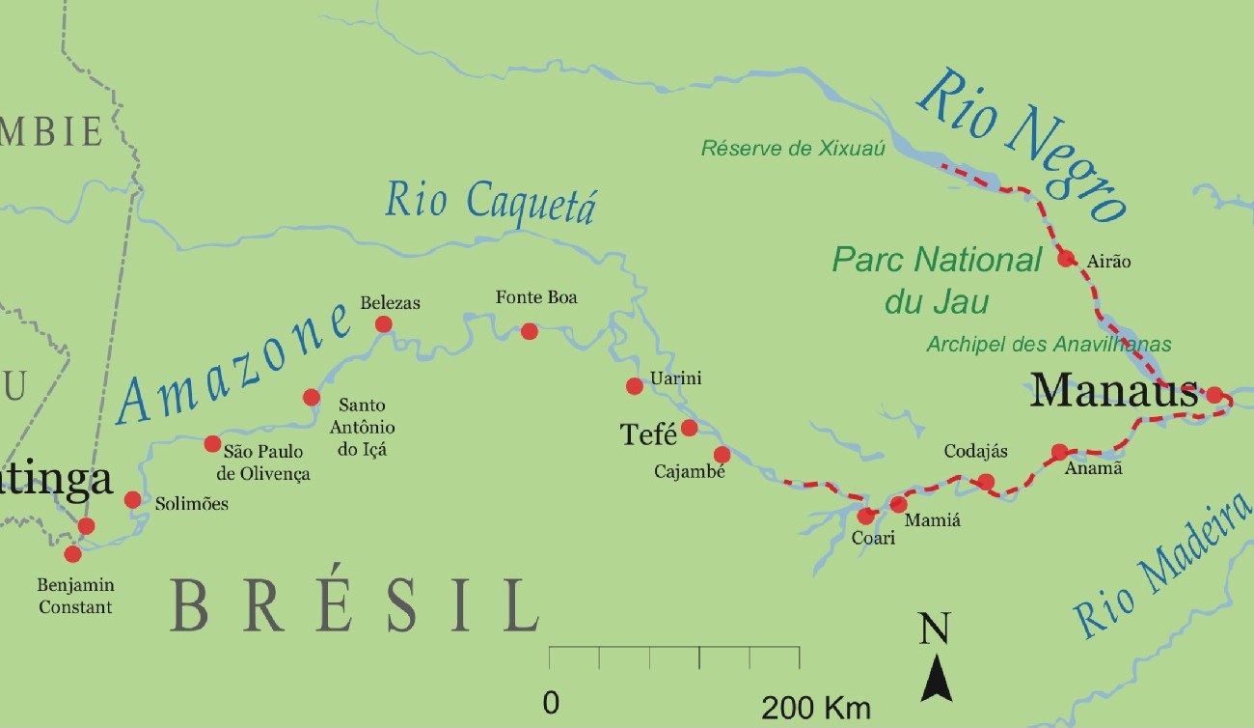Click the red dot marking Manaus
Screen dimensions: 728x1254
tap(1213, 394)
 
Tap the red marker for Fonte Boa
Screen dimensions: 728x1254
tap(529, 331)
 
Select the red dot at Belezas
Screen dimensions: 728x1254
tap(383, 323)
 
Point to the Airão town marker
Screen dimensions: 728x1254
tap(1065, 258)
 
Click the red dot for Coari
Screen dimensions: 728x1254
tap(865, 516)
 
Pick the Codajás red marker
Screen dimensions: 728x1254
tap(985, 482)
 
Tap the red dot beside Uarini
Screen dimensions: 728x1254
tap(634, 386)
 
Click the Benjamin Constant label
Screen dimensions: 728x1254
tap(75, 596)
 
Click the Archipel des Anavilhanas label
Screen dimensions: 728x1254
tap(1049, 344)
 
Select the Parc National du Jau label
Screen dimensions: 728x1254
tap(937, 280)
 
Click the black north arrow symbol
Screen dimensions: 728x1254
tap(936, 676)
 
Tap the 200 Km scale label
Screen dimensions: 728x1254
tap(815, 707)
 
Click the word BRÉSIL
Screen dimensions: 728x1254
tap(354, 605)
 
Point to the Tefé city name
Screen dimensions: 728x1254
tap(649, 435)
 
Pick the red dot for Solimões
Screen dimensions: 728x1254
tap(133, 499)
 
